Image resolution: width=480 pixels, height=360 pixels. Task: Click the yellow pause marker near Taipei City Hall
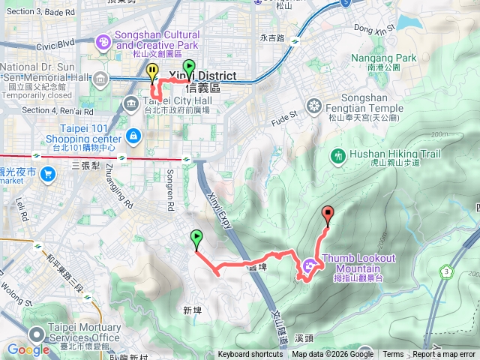(x=153, y=73)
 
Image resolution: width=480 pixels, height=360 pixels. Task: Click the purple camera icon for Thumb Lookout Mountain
(x=310, y=265)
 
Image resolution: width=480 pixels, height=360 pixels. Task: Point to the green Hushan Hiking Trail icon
(x=337, y=155)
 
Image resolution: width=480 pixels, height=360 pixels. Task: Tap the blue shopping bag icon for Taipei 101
(x=133, y=135)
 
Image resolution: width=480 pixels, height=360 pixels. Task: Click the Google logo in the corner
(x=28, y=349)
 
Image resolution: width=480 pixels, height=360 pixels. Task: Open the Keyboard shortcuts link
(x=250, y=355)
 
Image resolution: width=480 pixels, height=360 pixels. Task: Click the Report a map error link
(x=445, y=355)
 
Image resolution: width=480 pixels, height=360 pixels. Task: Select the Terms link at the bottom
(x=393, y=355)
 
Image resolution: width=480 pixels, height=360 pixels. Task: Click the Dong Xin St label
(x=372, y=29)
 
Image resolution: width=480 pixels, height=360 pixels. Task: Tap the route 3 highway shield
(x=447, y=271)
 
